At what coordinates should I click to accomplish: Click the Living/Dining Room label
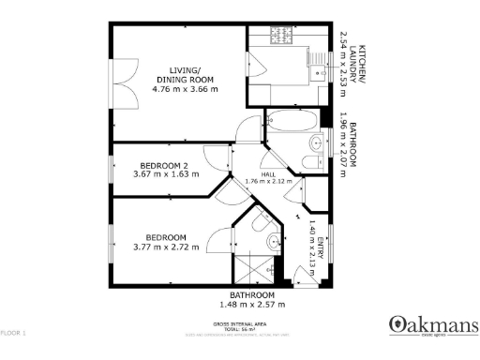point(185,75)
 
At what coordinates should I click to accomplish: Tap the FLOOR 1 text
point(14,333)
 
